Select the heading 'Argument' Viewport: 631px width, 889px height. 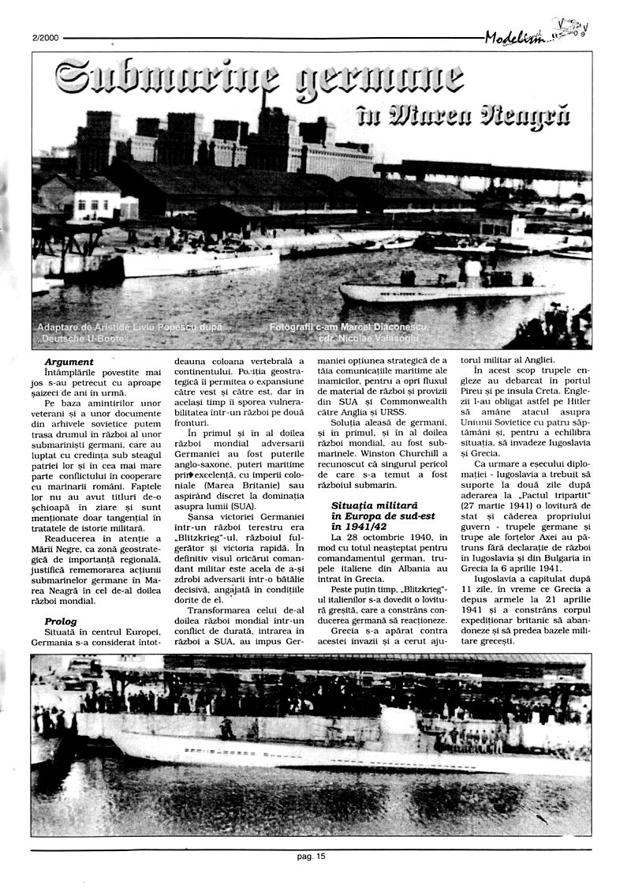(x=69, y=362)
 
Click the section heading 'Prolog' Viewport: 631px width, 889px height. (x=61, y=621)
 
